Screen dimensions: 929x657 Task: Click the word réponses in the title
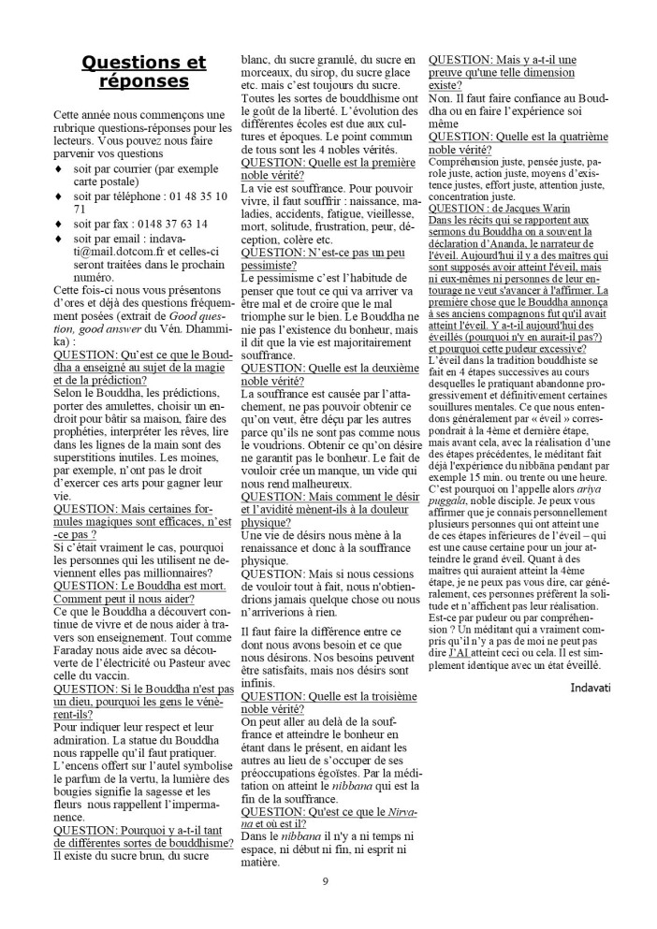143,82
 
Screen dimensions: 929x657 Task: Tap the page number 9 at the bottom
325,881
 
